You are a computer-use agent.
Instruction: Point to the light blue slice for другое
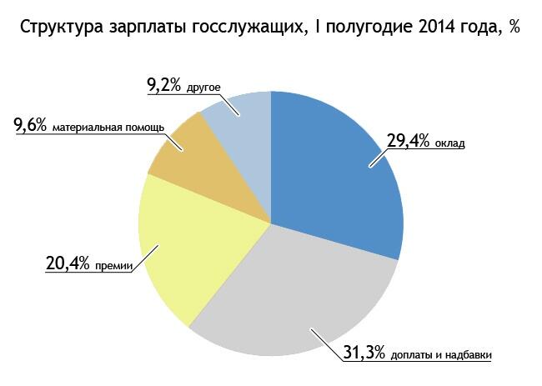click(x=242, y=125)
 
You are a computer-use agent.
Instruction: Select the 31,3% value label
click(x=364, y=353)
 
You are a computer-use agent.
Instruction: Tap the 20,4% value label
click(x=68, y=264)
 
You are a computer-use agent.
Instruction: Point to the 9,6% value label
click(x=31, y=127)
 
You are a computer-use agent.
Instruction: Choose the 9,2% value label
click(x=163, y=84)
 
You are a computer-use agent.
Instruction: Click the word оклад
click(x=449, y=143)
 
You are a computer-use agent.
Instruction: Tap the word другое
click(x=201, y=86)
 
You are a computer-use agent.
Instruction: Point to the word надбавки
click(x=470, y=355)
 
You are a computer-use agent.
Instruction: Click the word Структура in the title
click(x=59, y=27)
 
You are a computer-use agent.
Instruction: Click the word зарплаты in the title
click(x=145, y=27)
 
